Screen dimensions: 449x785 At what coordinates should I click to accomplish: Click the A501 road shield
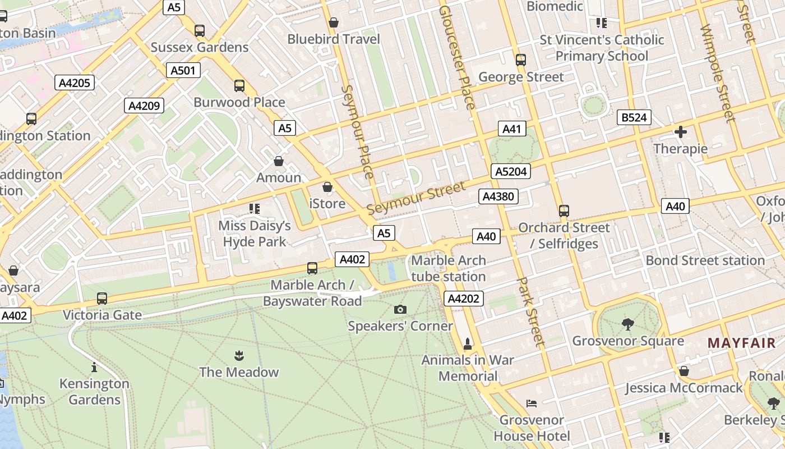pyautogui.click(x=183, y=70)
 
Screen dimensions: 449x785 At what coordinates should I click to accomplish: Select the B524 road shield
pyautogui.click(x=634, y=117)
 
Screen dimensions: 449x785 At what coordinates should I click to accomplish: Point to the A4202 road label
pyautogui.click(x=463, y=299)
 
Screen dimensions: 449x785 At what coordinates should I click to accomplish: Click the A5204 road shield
pyautogui.click(x=510, y=172)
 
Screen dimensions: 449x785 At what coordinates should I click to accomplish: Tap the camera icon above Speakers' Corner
pyautogui.click(x=400, y=309)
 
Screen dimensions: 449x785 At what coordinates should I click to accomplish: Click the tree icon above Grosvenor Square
pyautogui.click(x=627, y=324)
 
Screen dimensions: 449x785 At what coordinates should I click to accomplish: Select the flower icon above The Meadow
pyautogui.click(x=239, y=355)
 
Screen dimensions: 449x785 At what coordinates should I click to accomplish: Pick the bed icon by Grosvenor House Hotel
pyautogui.click(x=532, y=403)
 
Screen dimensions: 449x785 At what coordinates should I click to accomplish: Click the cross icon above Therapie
pyautogui.click(x=681, y=132)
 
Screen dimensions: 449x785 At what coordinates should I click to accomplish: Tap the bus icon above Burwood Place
pyautogui.click(x=239, y=86)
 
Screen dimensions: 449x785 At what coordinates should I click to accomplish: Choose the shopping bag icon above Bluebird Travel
pyautogui.click(x=334, y=22)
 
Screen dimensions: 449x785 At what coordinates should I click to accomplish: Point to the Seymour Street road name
pyautogui.click(x=416, y=198)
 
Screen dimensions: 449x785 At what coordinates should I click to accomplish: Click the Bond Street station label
pyautogui.click(x=705, y=260)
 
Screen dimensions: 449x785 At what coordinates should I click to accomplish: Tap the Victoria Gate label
pyautogui.click(x=102, y=315)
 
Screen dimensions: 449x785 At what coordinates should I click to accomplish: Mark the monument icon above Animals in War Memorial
pyautogui.click(x=467, y=343)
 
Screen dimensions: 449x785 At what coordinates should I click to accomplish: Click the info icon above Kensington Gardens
pyautogui.click(x=94, y=368)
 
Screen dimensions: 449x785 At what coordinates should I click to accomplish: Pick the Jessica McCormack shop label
pyautogui.click(x=684, y=388)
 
